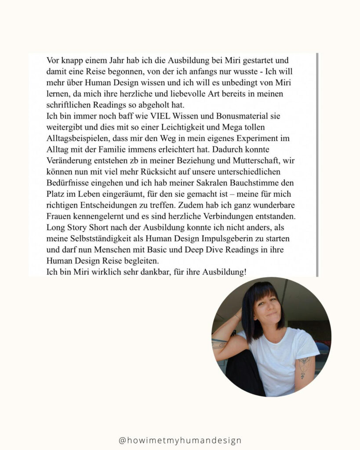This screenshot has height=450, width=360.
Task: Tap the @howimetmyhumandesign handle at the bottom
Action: pos(180,440)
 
